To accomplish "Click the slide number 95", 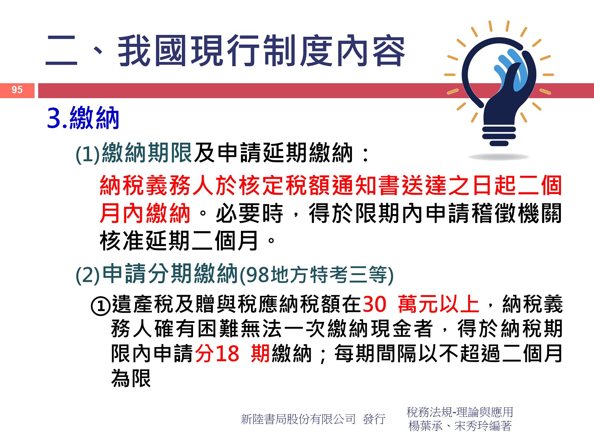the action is tap(17, 90).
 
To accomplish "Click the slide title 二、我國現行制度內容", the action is tap(225, 51).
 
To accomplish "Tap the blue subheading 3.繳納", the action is tap(83, 118).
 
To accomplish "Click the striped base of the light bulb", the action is tap(499, 135).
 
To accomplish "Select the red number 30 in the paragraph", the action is tap(374, 304).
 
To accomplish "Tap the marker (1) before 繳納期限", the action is tap(87, 155).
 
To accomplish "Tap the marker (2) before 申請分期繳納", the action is tap(87, 275).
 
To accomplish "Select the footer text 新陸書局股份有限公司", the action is tap(298, 419).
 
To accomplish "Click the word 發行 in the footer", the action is tap(374, 419).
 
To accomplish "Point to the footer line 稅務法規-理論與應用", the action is tap(460, 412).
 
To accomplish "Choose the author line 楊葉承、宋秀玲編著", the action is tap(460, 426).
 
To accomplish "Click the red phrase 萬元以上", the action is tap(438, 304).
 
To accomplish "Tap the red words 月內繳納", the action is tap(145, 214).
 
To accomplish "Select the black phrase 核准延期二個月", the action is tap(179, 241).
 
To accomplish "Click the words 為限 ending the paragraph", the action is tap(131, 378).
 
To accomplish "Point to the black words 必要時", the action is tap(249, 214).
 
